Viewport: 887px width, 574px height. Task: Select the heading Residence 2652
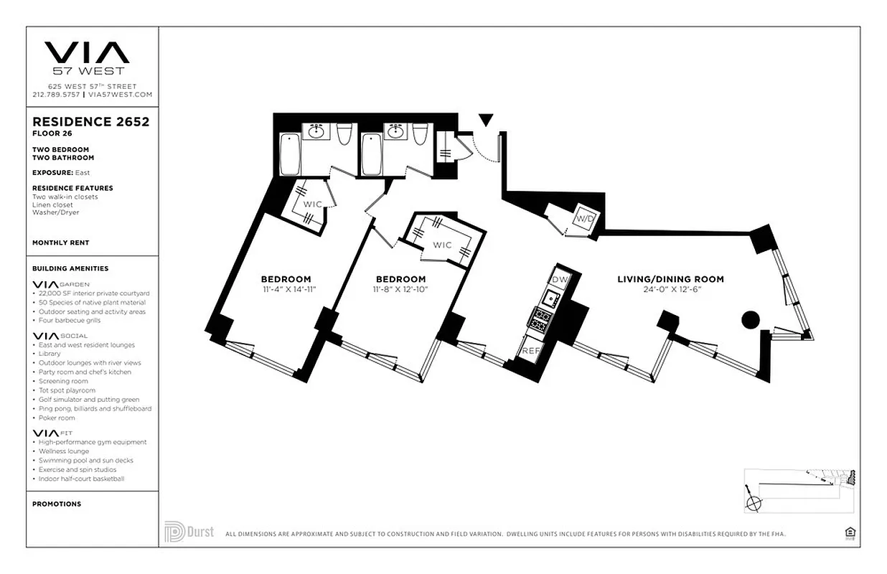pos(91,122)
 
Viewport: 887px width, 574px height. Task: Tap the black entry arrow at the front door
pos(486,120)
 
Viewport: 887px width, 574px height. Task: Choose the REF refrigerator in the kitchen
pos(530,351)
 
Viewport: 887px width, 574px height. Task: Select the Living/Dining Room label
pos(670,279)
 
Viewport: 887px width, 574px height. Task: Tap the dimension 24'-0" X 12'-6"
pos(670,290)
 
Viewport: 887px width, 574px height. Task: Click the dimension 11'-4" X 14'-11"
pos(286,290)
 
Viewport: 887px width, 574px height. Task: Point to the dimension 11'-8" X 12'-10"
pos(400,290)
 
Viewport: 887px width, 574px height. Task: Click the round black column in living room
pos(750,320)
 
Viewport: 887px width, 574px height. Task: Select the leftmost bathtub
pos(289,154)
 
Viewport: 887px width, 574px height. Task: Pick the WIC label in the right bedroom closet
pos(442,245)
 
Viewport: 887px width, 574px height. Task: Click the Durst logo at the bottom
pos(188,532)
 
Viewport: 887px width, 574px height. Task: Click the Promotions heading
pos(57,504)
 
